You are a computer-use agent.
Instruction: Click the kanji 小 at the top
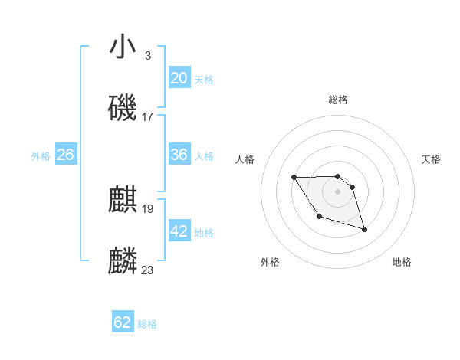point(123,47)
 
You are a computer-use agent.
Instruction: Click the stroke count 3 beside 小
point(147,55)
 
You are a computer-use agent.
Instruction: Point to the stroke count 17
point(147,116)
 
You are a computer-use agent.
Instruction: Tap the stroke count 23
point(147,270)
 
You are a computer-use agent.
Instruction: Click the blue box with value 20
point(179,78)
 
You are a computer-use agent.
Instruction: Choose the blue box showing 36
point(179,155)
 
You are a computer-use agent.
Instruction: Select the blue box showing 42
point(179,231)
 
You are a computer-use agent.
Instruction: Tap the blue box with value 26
point(65,155)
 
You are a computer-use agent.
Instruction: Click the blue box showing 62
point(123,322)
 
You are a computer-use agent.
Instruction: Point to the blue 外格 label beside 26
point(41,156)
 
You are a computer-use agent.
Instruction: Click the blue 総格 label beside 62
point(147,324)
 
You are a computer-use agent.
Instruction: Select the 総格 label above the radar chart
point(338,100)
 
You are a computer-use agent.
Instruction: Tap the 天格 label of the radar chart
point(432,159)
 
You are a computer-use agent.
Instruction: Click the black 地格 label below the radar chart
point(402,262)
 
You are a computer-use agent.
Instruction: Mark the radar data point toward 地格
point(364,229)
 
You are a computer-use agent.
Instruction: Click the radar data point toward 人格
point(294,178)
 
